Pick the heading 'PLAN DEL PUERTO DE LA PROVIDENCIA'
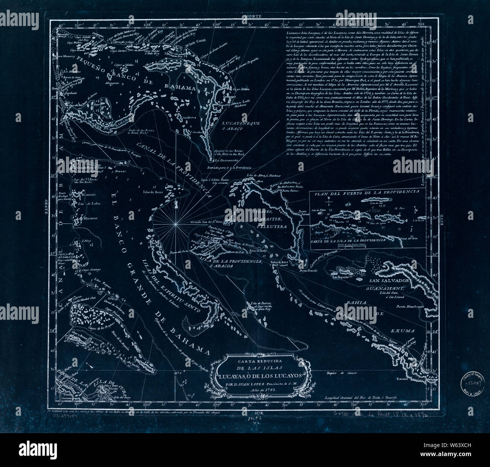click(364, 192)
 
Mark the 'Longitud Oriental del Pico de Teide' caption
click(361, 399)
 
